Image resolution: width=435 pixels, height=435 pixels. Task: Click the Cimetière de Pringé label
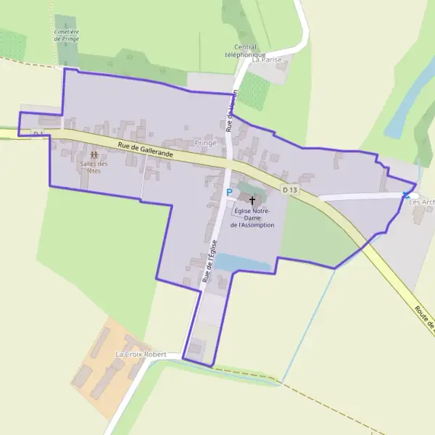click(67, 35)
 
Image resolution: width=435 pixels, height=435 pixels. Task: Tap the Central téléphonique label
click(245, 51)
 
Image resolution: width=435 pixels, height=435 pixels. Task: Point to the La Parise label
click(266, 60)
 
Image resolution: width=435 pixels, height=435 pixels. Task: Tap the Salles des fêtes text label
click(94, 167)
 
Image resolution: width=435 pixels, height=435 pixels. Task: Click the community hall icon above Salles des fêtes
click(94, 155)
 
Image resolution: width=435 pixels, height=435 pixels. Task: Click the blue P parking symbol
click(229, 193)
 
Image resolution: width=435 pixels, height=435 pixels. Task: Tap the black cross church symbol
click(253, 199)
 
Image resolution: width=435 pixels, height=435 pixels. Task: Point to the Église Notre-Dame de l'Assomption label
click(252, 217)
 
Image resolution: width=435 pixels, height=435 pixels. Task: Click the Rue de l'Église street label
click(210, 262)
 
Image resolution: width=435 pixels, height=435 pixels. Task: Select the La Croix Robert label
click(141, 355)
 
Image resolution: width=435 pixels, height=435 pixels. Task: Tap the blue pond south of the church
click(243, 262)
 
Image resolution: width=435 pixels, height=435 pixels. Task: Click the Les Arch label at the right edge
click(422, 202)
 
